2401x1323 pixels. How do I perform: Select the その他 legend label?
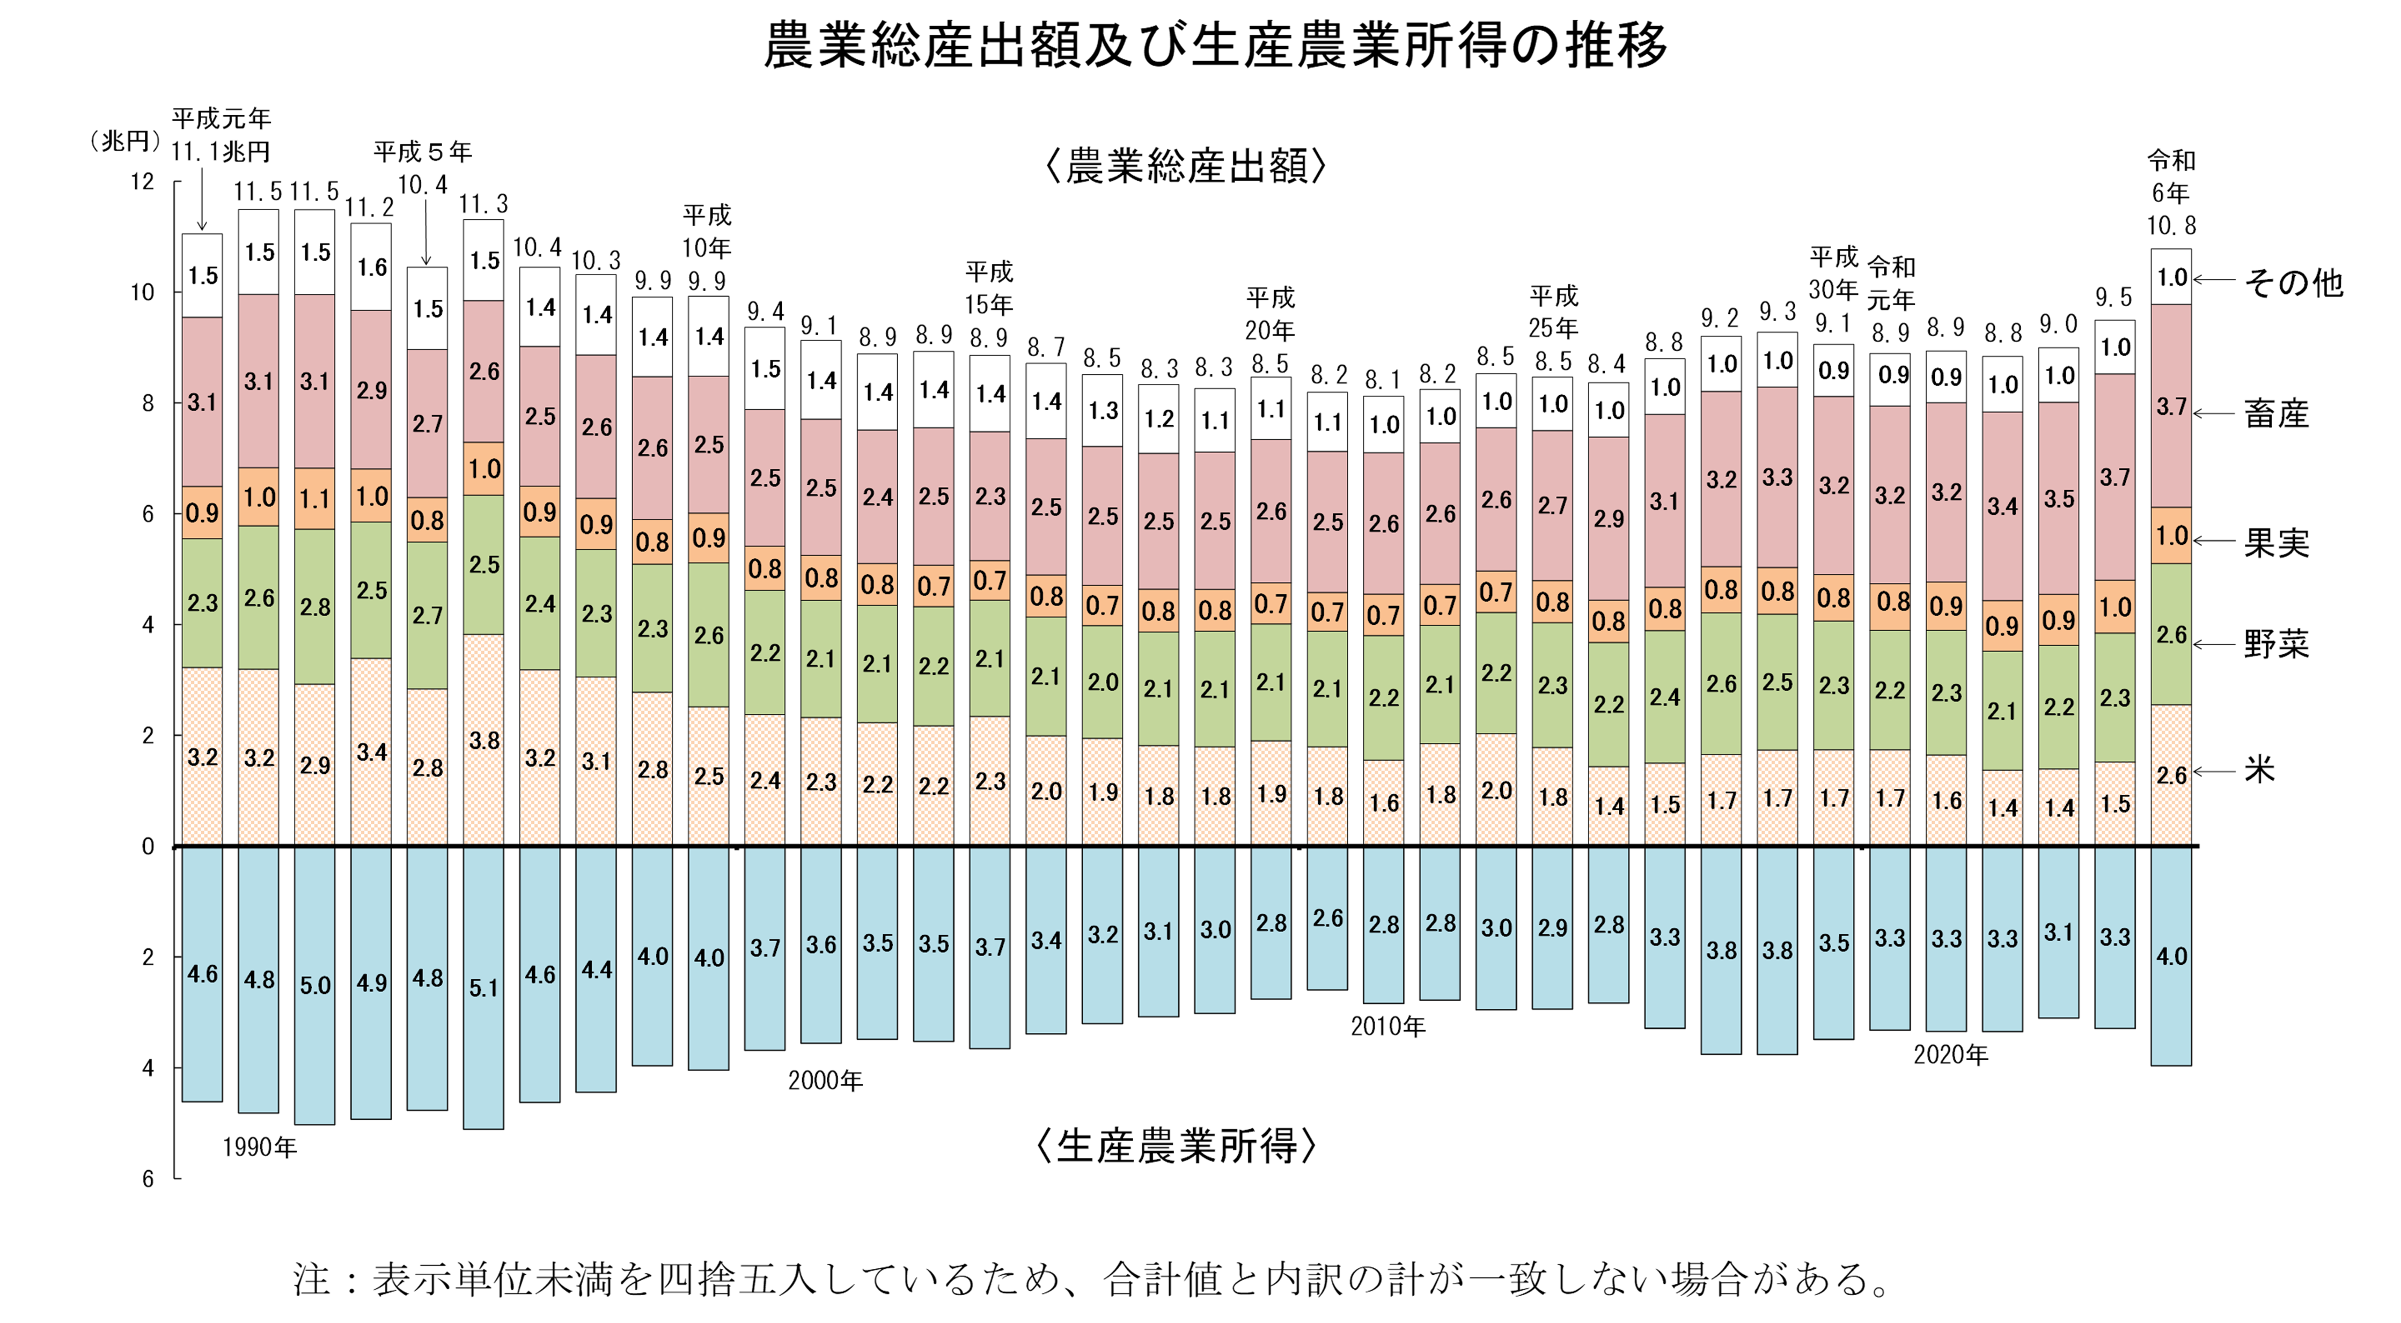(x=2292, y=282)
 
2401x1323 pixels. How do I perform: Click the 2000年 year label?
(x=825, y=1081)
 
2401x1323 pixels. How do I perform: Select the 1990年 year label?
(x=259, y=1147)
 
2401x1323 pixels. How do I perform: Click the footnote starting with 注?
(x=1091, y=1279)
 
